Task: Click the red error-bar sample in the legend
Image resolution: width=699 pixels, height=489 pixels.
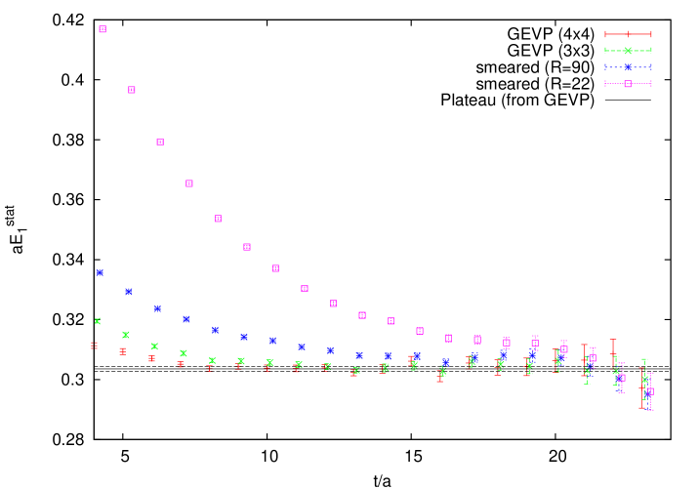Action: coord(628,34)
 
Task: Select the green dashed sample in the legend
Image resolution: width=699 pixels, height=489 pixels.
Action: coord(628,51)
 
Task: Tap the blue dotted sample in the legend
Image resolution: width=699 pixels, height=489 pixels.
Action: coord(628,67)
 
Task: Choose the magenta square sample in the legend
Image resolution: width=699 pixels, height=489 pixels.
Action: coord(628,84)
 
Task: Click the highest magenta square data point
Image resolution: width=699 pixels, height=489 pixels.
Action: coord(103,29)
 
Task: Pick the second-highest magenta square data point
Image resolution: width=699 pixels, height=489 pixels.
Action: coord(132,90)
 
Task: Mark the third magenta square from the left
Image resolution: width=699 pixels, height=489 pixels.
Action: coord(160,143)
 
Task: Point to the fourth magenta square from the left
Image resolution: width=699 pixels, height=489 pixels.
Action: coord(189,183)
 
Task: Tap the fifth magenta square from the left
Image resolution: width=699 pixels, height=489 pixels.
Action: coord(218,219)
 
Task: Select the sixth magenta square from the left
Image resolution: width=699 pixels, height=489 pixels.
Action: coord(247,247)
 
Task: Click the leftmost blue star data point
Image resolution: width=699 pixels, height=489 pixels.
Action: coord(100,272)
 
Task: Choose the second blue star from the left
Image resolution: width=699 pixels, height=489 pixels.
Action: coord(128,292)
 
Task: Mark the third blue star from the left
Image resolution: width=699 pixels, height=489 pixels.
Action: coord(157,308)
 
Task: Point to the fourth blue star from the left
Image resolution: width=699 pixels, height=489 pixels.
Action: coord(186,319)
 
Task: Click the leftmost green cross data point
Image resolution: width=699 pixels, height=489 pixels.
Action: coord(98,321)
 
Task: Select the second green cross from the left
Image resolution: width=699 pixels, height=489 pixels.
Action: coord(126,335)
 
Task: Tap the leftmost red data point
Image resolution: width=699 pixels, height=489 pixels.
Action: coord(95,346)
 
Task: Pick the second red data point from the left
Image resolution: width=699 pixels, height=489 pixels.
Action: coord(123,351)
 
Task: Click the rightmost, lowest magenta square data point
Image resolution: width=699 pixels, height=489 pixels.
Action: coord(650,391)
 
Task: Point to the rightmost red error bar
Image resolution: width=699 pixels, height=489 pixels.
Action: coord(641,387)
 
